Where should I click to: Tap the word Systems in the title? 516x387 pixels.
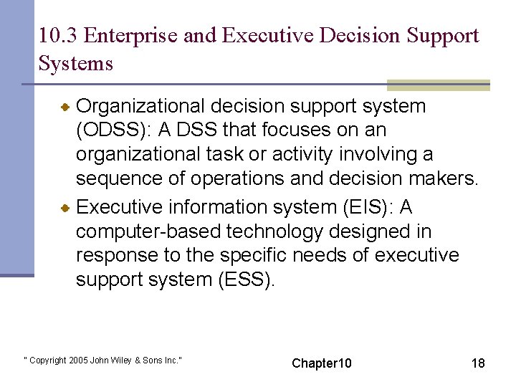tap(76, 64)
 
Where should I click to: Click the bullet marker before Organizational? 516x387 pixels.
tap(64, 107)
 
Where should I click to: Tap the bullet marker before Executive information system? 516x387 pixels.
tap(64, 208)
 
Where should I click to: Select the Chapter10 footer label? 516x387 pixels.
tap(322, 363)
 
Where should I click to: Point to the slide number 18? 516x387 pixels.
tap(478, 363)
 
